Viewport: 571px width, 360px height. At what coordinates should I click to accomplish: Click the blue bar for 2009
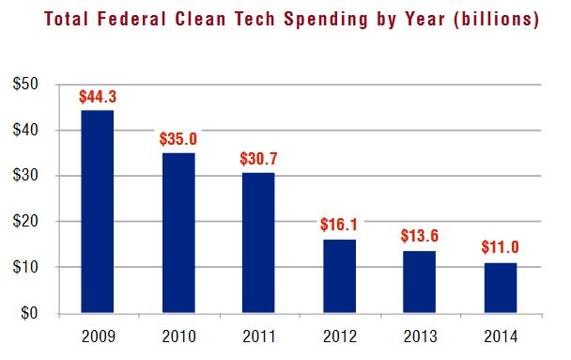(x=97, y=211)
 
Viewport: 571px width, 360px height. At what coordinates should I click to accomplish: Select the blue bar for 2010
(x=178, y=233)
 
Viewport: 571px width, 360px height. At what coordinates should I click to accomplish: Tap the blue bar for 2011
(x=259, y=243)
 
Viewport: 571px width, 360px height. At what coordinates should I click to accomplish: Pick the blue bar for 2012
(x=340, y=276)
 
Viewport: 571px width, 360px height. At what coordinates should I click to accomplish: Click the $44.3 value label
(x=97, y=97)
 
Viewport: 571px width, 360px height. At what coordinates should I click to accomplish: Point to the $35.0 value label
(x=178, y=139)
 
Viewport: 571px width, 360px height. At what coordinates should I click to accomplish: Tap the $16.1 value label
(x=340, y=227)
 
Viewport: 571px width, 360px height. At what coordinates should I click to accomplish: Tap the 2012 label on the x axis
(x=340, y=335)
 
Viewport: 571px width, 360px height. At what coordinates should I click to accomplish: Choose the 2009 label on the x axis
(x=97, y=335)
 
